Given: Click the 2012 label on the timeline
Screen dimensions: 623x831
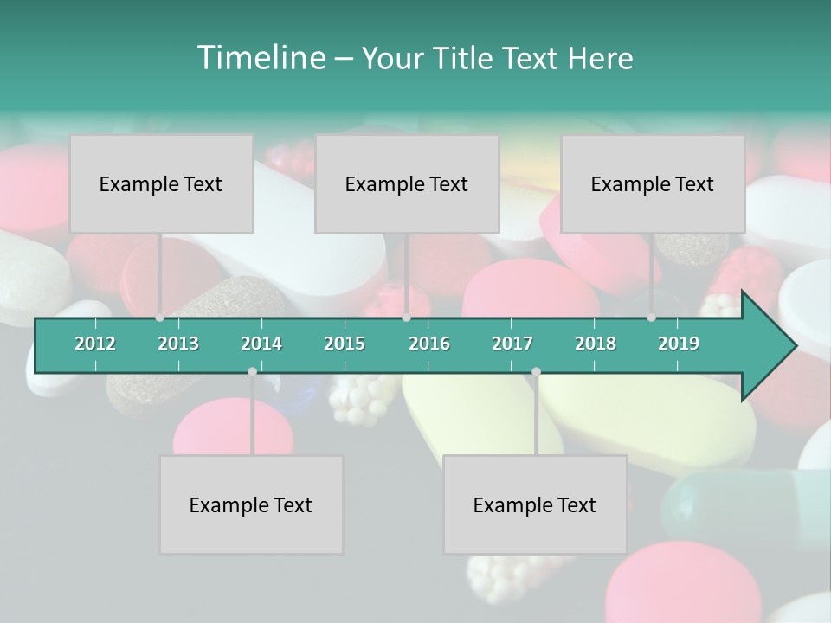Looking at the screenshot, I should tap(95, 344).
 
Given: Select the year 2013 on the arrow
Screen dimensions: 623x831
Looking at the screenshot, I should tap(178, 344).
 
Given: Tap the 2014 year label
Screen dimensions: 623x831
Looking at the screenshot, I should tap(261, 344).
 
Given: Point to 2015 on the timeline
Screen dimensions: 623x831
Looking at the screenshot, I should tap(345, 344).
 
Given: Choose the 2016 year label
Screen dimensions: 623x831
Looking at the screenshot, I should tap(429, 344).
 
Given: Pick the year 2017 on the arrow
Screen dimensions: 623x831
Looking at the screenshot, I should tap(512, 344).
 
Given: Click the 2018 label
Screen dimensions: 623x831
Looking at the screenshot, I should tap(596, 344).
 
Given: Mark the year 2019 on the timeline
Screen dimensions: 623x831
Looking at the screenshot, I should tap(679, 344).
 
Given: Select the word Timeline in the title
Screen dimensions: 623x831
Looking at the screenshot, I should tap(259, 58).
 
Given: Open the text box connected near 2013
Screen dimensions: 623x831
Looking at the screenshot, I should tap(161, 183).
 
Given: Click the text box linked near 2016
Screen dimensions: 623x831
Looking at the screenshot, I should tap(407, 183).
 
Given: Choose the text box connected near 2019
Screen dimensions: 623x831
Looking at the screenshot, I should tap(653, 183).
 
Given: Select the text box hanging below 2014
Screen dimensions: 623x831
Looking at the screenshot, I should tap(251, 504).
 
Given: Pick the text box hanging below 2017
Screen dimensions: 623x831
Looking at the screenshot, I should tap(535, 504).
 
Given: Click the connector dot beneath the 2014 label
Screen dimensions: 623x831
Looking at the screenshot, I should tap(252, 371).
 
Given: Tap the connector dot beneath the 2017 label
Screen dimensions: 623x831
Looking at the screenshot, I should tap(536, 371).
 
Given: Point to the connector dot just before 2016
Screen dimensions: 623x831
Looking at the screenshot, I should tap(406, 318).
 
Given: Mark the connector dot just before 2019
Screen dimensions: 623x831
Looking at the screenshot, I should tap(652, 318).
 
